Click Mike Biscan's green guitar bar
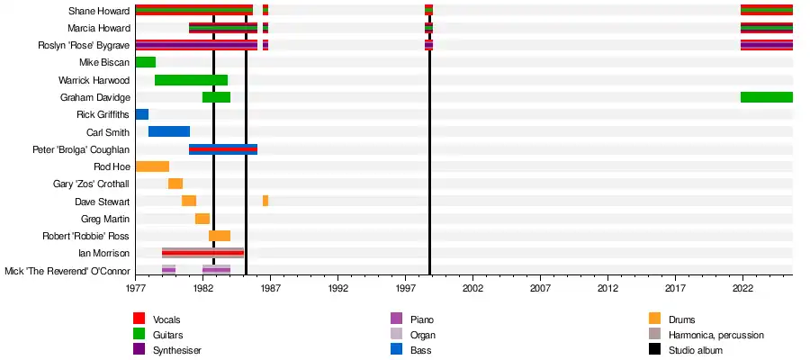(x=146, y=62)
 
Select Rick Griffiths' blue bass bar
(x=142, y=114)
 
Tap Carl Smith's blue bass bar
(x=169, y=131)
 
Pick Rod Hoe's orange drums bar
(x=152, y=166)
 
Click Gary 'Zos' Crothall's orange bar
(x=175, y=184)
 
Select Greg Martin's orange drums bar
(x=202, y=219)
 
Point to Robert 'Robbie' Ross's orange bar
(x=220, y=236)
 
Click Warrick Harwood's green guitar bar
(x=191, y=80)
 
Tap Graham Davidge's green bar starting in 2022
(x=766, y=97)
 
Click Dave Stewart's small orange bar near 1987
(x=265, y=201)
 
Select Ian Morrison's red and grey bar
(x=202, y=253)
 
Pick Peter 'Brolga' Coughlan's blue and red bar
(x=223, y=149)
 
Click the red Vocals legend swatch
(x=139, y=319)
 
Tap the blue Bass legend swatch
(x=397, y=350)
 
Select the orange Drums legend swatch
(x=655, y=319)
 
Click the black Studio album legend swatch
(x=655, y=350)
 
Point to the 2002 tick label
(x=473, y=289)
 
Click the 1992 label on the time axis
(x=338, y=289)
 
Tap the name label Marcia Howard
(x=99, y=28)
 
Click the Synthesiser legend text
(x=177, y=350)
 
